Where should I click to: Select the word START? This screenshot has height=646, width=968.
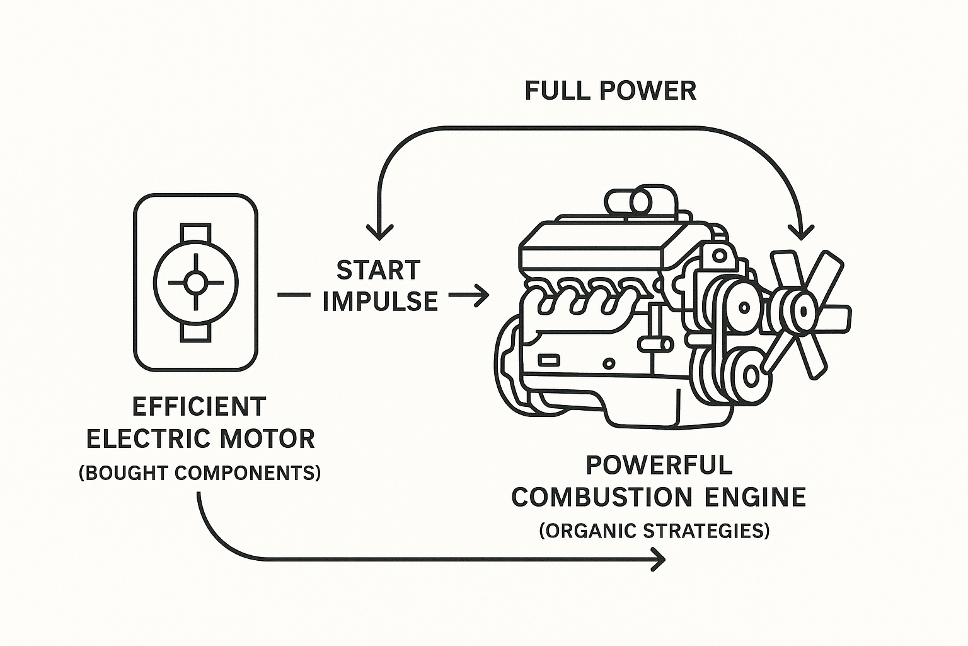point(378,271)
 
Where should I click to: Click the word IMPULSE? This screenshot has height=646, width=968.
point(380,302)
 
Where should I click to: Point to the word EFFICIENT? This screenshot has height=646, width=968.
point(199,407)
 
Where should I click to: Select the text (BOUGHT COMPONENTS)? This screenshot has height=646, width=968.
point(200,473)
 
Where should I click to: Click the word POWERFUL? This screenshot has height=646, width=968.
point(659,466)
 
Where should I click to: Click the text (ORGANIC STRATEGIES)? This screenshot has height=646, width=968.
point(655,531)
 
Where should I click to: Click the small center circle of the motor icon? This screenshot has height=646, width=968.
point(196,283)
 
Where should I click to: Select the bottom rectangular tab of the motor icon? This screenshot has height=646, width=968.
point(196,332)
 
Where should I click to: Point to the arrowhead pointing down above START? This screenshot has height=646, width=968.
point(379,232)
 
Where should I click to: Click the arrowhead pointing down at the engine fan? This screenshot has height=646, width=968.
point(801,232)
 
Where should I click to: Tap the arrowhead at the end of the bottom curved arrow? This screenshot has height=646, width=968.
point(659,558)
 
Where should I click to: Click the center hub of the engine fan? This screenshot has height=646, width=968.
point(804,310)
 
